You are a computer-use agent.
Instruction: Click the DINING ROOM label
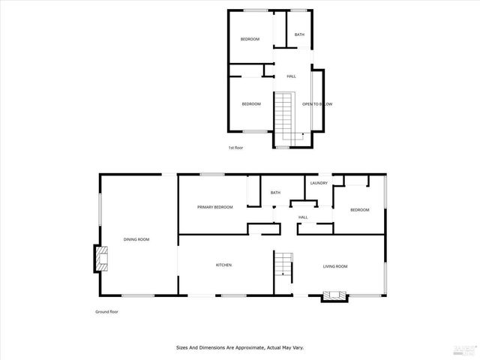(136, 239)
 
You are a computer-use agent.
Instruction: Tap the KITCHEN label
(223, 265)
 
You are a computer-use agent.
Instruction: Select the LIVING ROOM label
(335, 266)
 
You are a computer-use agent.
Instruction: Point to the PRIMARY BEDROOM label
(214, 207)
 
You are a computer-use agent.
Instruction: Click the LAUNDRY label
(318, 182)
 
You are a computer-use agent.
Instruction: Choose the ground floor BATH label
(275, 193)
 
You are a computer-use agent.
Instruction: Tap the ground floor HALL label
(303, 217)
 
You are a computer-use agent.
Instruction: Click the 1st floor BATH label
(299, 35)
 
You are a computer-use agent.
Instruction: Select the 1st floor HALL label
(291, 76)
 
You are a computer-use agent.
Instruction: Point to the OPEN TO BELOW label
(317, 104)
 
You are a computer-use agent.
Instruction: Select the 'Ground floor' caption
(106, 311)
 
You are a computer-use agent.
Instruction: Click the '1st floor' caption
(235, 148)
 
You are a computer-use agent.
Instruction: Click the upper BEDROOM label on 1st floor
(250, 39)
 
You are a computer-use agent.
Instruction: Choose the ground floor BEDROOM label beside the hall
(359, 210)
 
